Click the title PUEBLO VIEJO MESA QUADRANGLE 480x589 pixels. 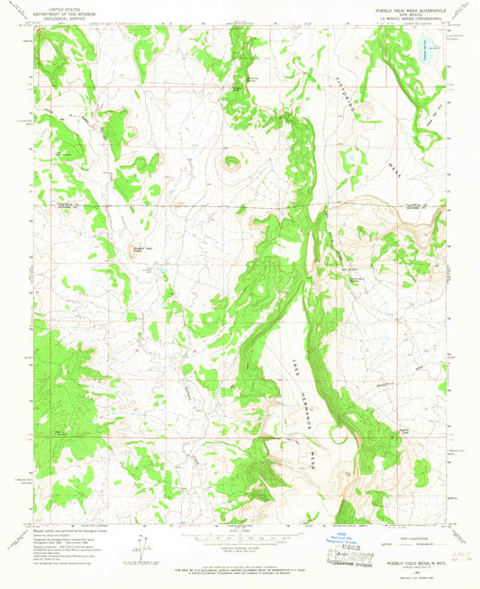point(403,8)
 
